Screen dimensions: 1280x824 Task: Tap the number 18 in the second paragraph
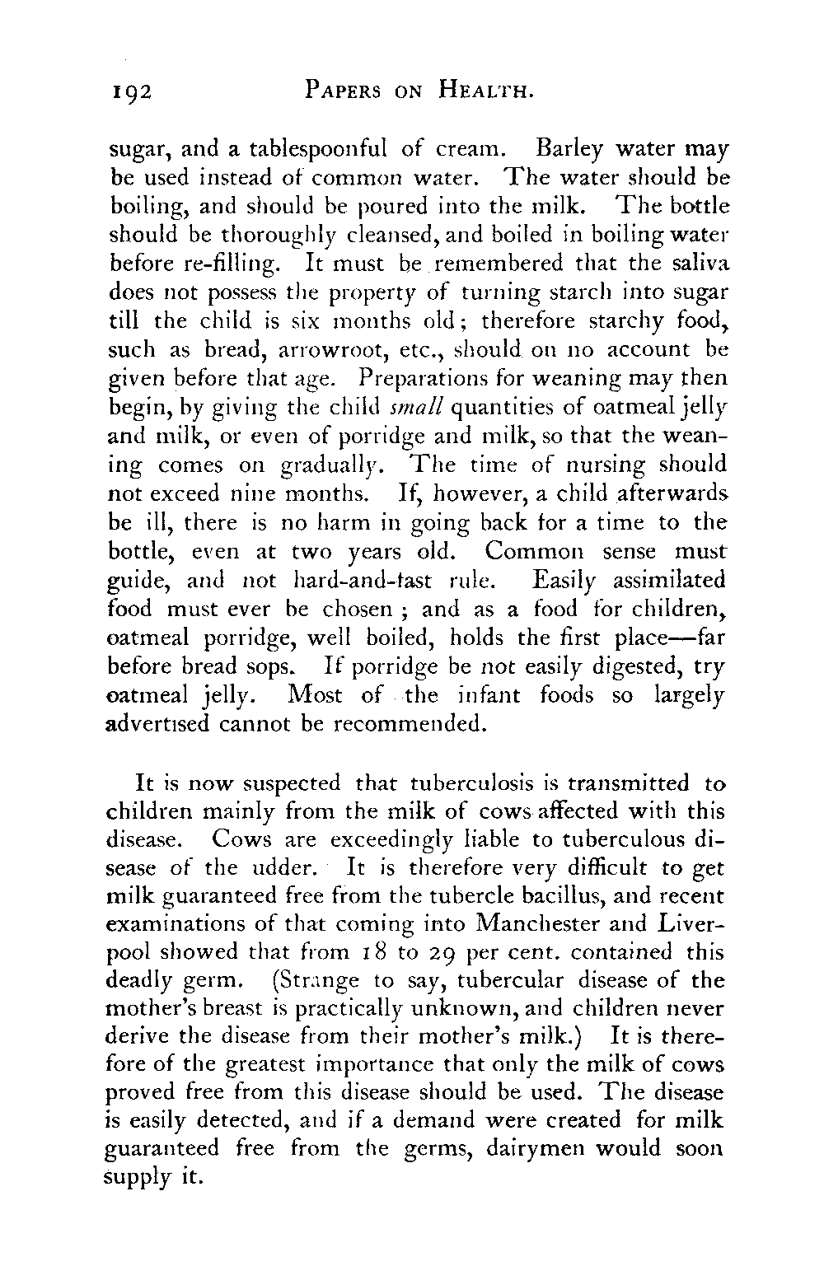coord(367,953)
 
